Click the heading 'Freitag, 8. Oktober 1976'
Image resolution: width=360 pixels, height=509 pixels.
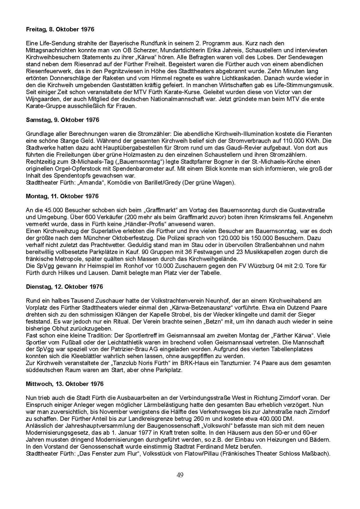tap(60, 29)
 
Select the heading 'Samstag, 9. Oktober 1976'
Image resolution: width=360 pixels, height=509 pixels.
tap(62, 120)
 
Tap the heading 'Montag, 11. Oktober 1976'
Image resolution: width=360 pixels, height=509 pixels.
tap(62, 196)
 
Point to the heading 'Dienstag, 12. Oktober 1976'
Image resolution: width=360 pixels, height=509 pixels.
tap(64, 287)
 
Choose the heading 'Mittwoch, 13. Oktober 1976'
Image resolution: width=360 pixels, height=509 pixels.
tap(65, 384)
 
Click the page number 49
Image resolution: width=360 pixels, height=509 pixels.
tap(180, 475)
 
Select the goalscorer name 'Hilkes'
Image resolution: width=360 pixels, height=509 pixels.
tap(71, 273)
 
